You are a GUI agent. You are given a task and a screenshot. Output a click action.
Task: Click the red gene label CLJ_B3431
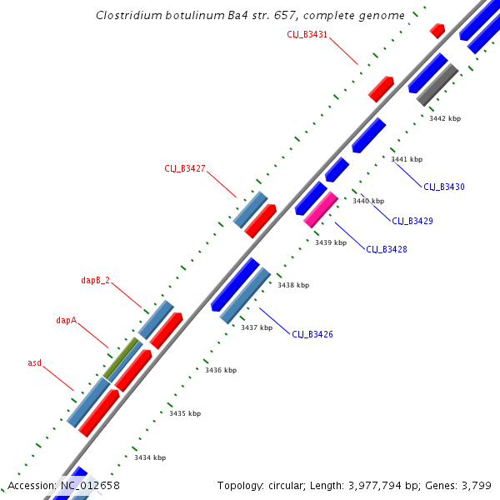(307, 34)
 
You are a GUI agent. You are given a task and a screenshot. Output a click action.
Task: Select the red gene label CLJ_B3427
(185, 168)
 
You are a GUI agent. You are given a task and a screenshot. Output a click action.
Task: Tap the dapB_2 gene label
(95, 280)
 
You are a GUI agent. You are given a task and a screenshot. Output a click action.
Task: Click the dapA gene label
(67, 319)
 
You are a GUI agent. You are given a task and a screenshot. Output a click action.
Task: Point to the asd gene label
(34, 362)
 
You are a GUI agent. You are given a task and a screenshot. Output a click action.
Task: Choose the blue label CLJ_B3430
(444, 187)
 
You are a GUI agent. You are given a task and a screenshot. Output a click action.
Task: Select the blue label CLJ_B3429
(412, 221)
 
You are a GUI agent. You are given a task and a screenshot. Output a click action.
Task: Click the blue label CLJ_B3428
(387, 249)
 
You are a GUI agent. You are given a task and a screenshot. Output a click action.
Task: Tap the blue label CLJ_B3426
(312, 334)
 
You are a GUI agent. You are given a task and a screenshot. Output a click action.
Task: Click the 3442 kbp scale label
(444, 118)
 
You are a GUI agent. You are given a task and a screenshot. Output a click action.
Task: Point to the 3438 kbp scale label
(292, 285)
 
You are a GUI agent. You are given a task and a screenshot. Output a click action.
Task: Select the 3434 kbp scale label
(150, 457)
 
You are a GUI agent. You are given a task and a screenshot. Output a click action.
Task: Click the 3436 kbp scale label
(221, 370)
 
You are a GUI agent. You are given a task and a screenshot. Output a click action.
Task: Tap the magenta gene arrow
(321, 209)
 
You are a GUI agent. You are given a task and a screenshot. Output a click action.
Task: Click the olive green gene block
(122, 357)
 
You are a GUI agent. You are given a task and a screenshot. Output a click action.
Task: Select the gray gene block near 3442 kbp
(437, 84)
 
